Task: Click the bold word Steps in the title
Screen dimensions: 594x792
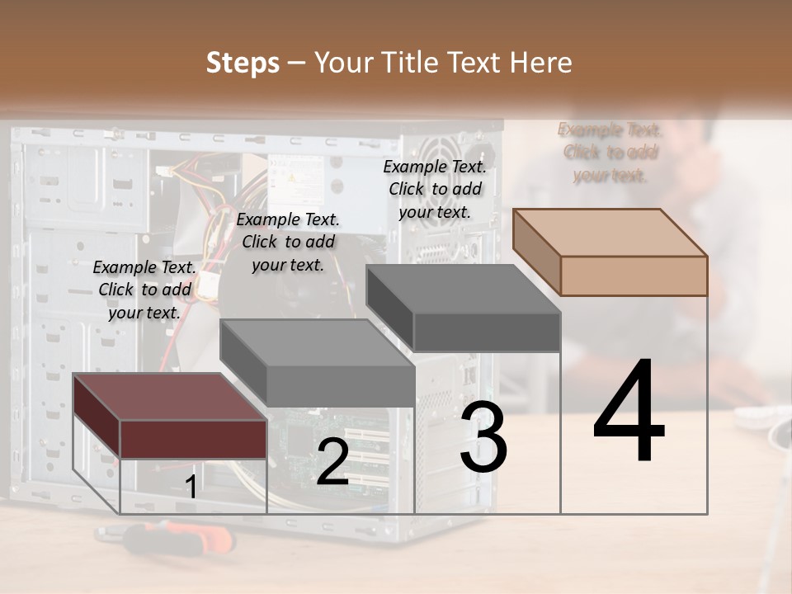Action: (243, 63)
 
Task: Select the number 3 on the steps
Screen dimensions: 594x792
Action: (483, 437)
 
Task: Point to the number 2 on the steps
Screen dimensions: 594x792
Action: (332, 462)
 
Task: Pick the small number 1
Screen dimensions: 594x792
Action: (191, 487)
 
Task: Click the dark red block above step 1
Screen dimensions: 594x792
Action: (170, 417)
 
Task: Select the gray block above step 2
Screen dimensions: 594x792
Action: (318, 363)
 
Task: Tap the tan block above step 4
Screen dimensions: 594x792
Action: (610, 252)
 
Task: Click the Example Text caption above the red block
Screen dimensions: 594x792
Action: (144, 290)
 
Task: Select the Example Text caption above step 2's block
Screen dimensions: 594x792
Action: (288, 242)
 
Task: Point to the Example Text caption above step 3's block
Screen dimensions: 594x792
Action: (435, 189)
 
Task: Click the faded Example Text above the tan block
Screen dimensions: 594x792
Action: (610, 153)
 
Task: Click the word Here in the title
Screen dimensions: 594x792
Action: (541, 63)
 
